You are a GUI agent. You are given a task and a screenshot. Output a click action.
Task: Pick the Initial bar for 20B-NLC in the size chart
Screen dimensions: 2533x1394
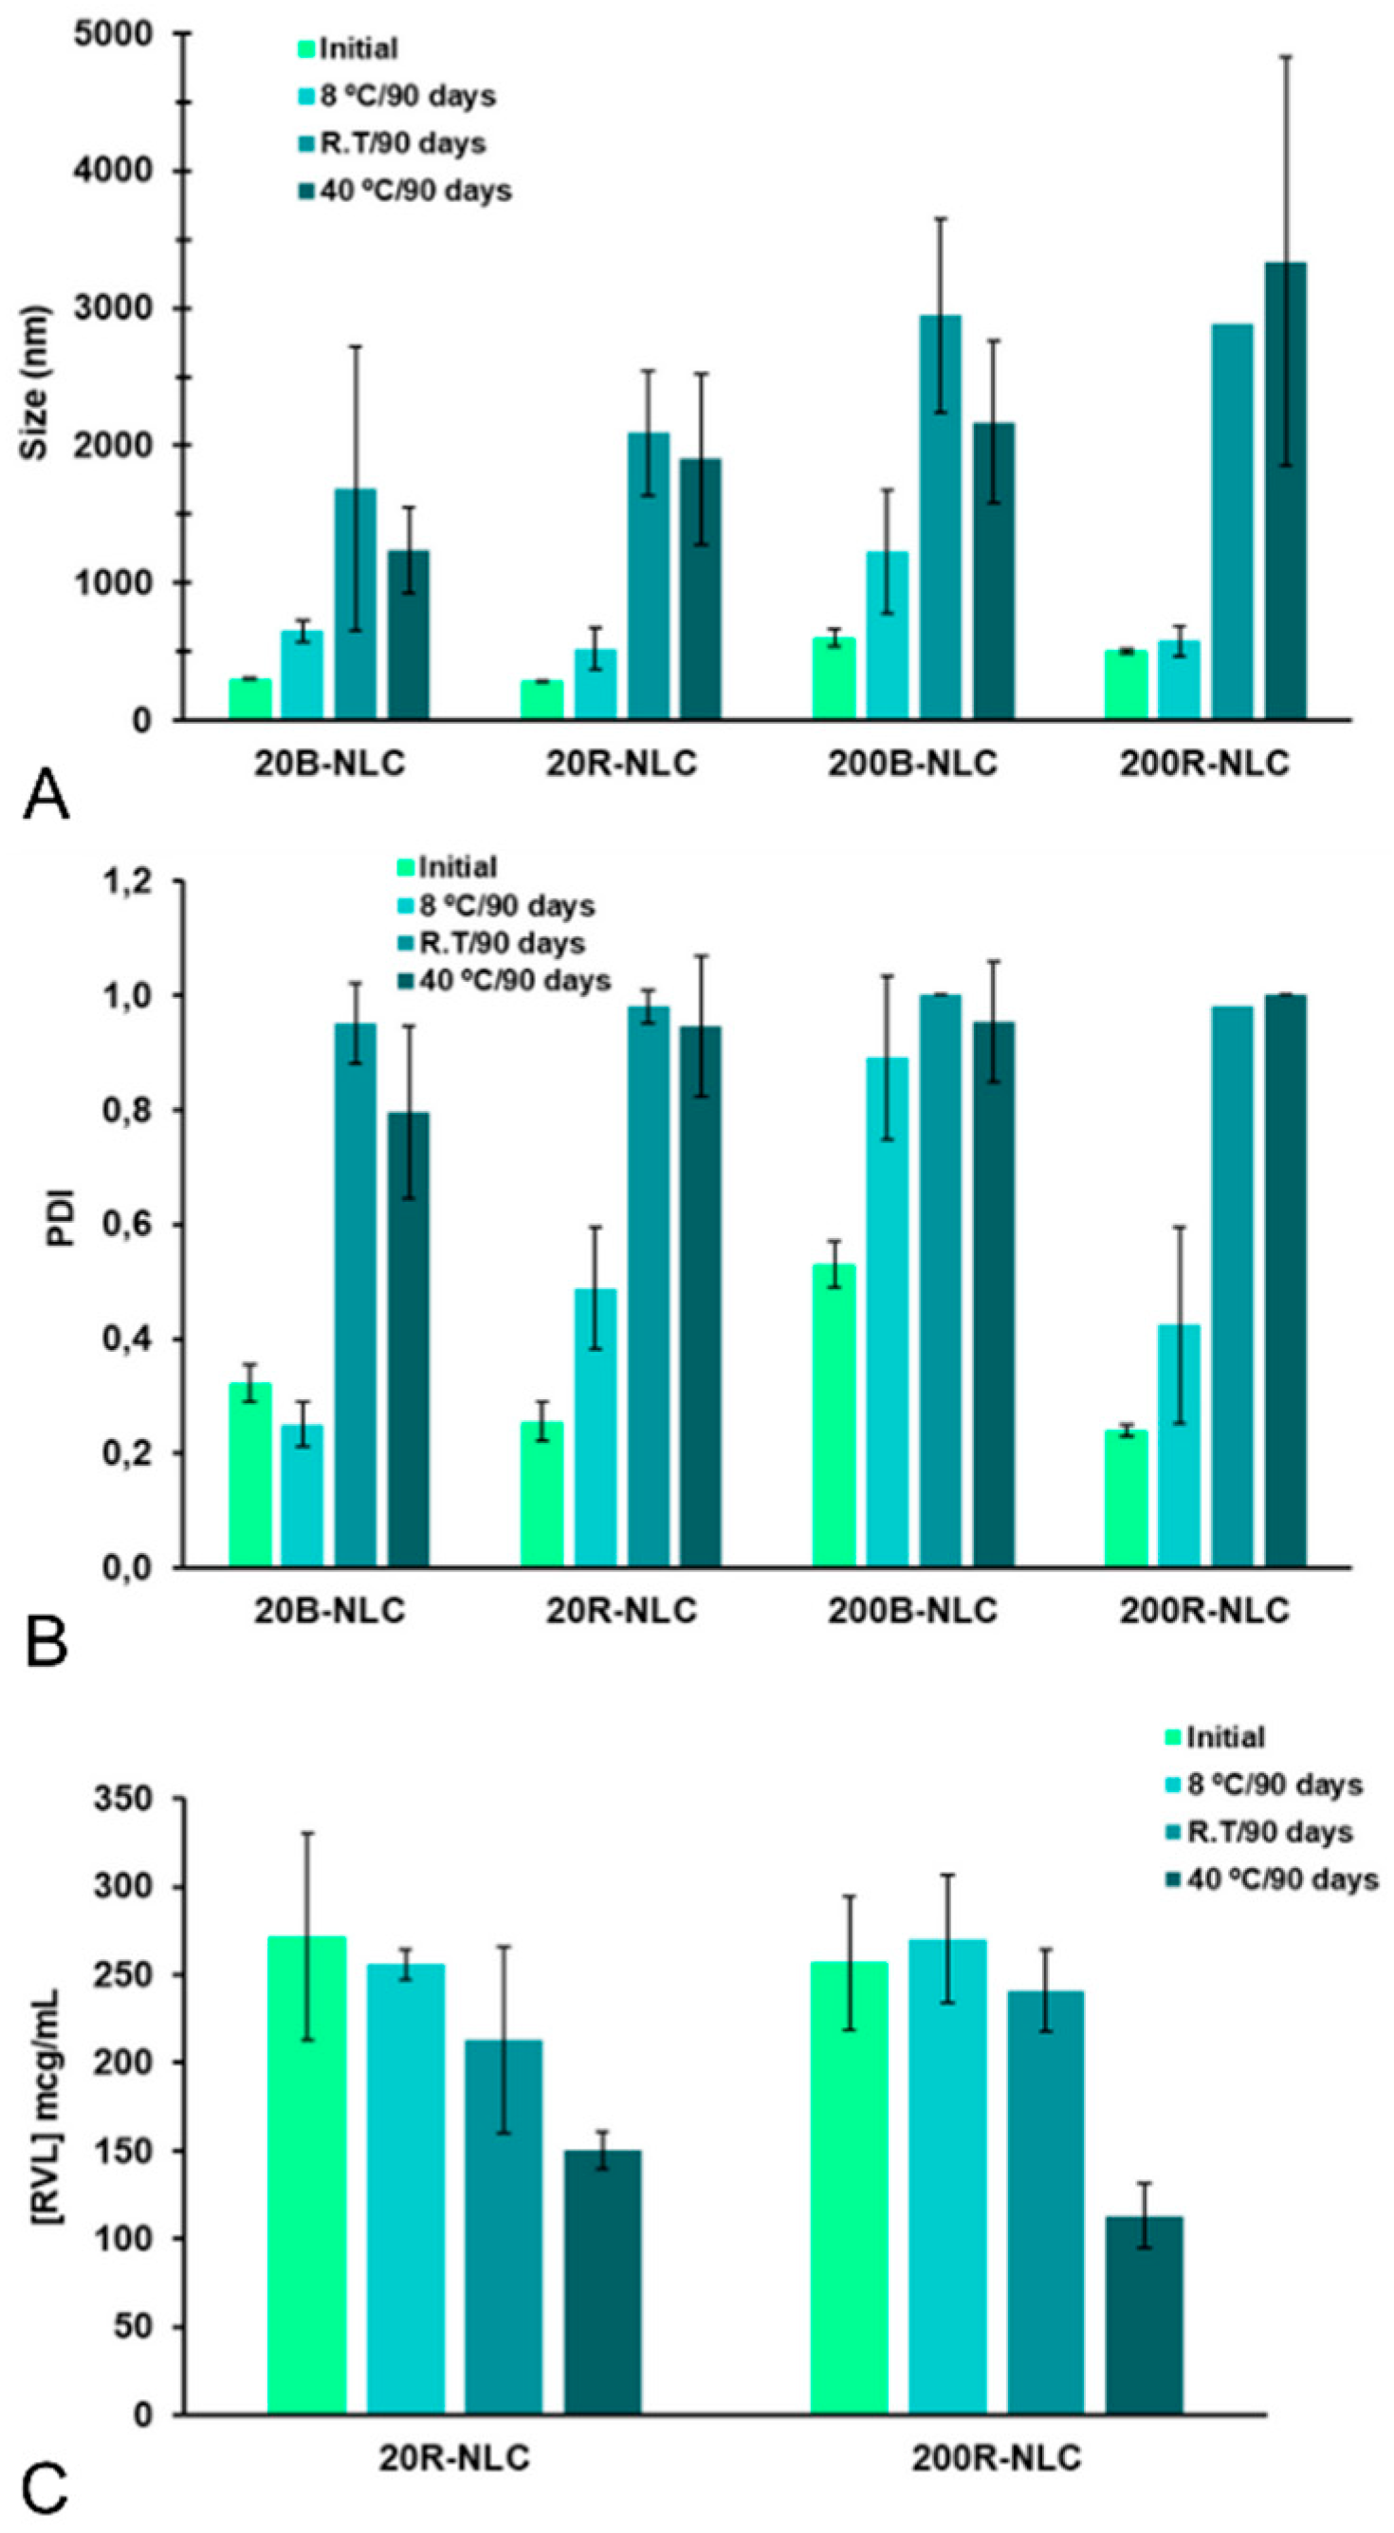pyautogui.click(x=249, y=698)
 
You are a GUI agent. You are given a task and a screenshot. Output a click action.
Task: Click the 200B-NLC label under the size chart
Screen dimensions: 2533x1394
pyautogui.click(x=912, y=764)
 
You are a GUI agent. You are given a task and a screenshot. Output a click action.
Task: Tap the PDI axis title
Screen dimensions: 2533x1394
pyautogui.click(x=61, y=1224)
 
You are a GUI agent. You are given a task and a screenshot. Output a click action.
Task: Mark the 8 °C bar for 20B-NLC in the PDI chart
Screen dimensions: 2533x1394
pyautogui.click(x=302, y=1494)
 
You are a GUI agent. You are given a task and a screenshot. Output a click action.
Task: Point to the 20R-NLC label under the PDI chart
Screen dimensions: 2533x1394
pyautogui.click(x=621, y=1611)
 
